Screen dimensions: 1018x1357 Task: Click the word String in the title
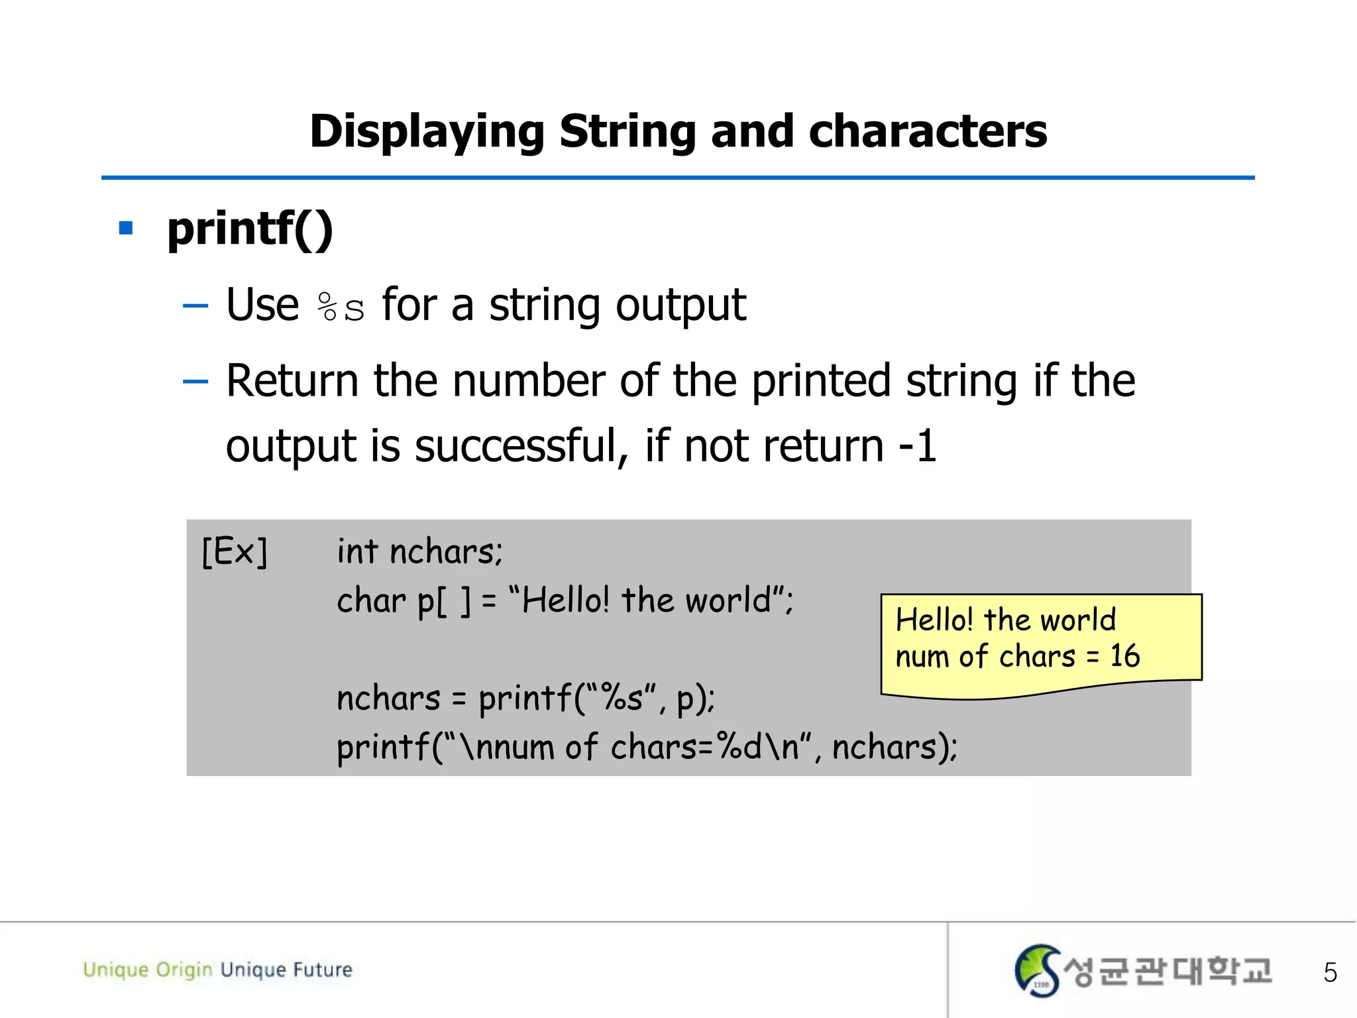[x=626, y=132]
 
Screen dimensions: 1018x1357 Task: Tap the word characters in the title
[x=928, y=131]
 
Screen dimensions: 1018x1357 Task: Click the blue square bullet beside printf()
[x=126, y=229]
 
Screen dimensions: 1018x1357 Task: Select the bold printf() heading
[x=250, y=229]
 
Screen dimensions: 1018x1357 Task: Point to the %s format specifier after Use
[x=341, y=307]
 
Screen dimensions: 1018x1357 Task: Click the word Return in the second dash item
[x=292, y=381]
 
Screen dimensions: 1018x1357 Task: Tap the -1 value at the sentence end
[x=918, y=446]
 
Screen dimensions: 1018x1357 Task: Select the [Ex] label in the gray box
[x=235, y=551]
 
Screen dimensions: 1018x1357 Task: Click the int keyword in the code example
[x=357, y=551]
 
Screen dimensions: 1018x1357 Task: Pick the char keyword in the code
[x=370, y=601]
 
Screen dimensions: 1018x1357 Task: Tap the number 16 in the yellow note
[x=1124, y=656]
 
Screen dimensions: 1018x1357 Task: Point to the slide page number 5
[x=1330, y=972]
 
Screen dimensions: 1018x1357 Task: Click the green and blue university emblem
[x=1037, y=970]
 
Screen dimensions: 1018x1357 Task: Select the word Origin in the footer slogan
[x=184, y=970]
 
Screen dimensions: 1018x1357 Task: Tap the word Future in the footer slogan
[x=323, y=970]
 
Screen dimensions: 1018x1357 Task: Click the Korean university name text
[x=1167, y=972]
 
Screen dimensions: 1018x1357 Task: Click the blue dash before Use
[x=195, y=306]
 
